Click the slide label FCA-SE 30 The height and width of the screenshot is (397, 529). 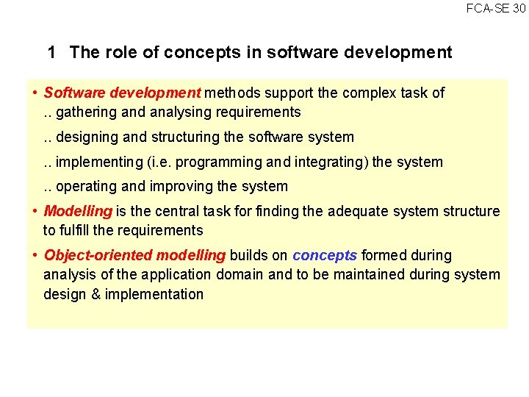tap(496, 8)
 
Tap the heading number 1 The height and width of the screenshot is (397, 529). tap(51, 52)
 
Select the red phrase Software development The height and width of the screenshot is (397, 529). tap(122, 93)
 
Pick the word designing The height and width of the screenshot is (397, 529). tap(87, 137)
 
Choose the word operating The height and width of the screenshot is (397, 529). tap(84, 187)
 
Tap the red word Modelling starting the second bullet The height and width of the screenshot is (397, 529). tap(78, 212)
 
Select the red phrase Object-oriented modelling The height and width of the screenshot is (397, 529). tap(134, 256)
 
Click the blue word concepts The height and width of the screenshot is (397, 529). tap(325, 256)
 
